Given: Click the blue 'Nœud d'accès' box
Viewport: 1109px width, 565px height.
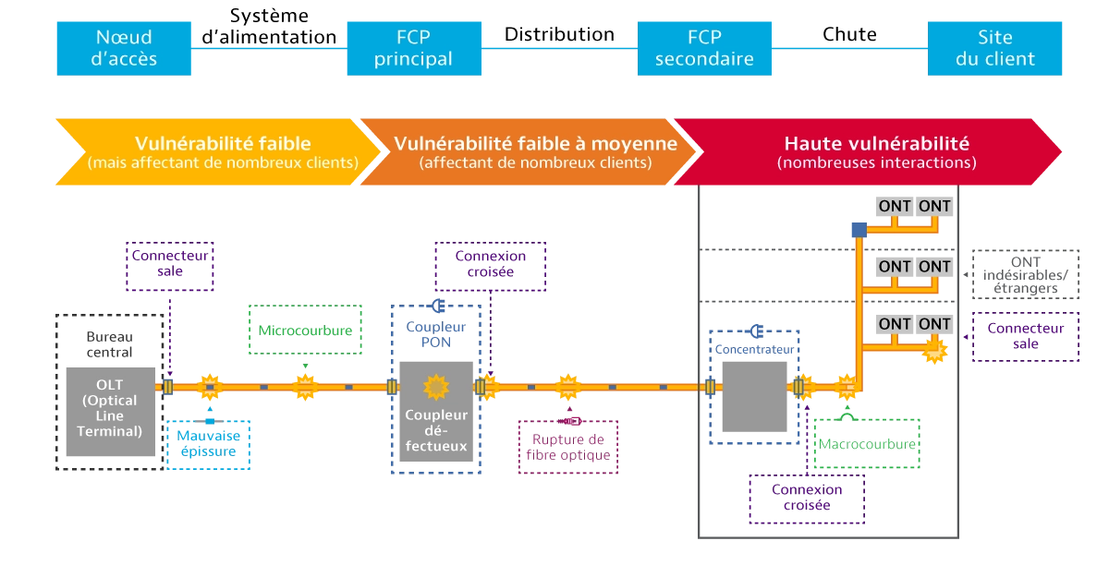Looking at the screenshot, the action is (124, 49).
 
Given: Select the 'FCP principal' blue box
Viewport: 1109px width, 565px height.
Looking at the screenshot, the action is (414, 49).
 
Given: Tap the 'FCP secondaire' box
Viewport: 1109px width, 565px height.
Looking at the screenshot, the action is (704, 49).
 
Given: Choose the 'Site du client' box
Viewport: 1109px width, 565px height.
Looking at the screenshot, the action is (994, 49).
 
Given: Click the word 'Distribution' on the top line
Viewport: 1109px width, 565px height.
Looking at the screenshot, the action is (559, 34).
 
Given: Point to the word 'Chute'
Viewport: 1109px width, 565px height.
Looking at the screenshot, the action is (849, 34).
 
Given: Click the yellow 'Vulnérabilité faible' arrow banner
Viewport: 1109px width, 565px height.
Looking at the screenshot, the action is (218, 152).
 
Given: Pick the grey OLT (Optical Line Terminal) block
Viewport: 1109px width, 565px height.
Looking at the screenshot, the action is (110, 412).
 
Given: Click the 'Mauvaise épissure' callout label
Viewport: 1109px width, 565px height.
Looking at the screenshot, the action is (209, 445).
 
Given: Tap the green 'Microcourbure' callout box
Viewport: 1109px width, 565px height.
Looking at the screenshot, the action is (305, 330).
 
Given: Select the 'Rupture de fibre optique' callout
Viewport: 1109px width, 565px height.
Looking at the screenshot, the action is (568, 447).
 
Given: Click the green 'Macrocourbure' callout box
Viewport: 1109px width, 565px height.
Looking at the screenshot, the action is (867, 443).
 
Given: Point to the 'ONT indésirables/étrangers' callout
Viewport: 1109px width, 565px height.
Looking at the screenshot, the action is (1025, 274).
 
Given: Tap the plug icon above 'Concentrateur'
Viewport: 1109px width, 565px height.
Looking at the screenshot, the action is (756, 331).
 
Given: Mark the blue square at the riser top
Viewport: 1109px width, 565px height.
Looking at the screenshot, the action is (859, 230).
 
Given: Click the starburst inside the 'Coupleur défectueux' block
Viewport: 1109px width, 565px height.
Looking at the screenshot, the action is (436, 387).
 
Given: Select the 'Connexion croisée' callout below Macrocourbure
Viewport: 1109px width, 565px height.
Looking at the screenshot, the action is (807, 499).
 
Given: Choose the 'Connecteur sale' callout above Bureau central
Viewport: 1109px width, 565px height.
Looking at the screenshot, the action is (170, 266).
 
